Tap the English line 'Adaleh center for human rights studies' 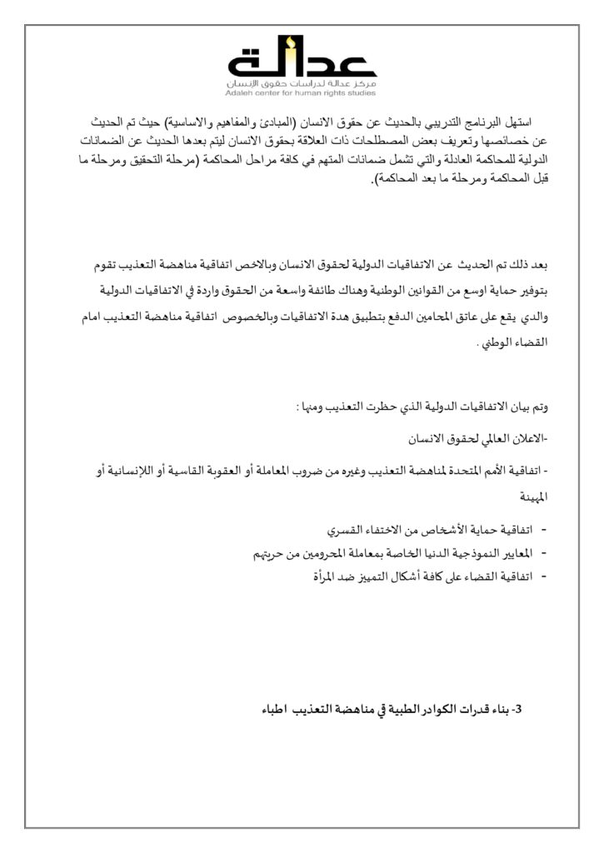tap(302, 93)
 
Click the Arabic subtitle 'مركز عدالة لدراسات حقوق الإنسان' tap(302, 85)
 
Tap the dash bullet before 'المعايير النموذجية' tap(543, 552)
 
